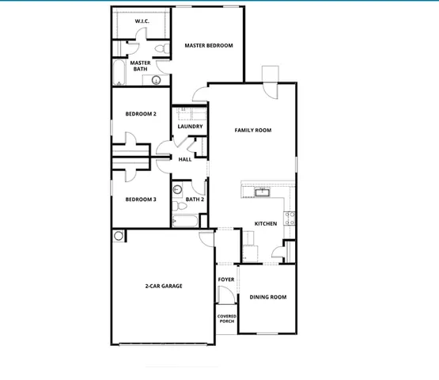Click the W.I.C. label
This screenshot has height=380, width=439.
click(142, 22)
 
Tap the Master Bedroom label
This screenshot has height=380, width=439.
click(209, 46)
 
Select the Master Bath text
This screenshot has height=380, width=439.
click(141, 66)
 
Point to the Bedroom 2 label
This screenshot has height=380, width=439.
click(141, 114)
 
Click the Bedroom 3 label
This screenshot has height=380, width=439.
click(141, 199)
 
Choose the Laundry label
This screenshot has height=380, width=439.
click(190, 127)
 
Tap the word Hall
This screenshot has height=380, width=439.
click(185, 159)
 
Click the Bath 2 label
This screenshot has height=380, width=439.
click(195, 199)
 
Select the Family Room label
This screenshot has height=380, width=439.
click(253, 130)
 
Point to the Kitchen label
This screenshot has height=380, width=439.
click(265, 224)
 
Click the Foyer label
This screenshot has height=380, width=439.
click(226, 279)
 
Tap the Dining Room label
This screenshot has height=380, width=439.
click(268, 297)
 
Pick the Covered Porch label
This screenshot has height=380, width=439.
click(227, 318)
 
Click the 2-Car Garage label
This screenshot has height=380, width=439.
click(164, 286)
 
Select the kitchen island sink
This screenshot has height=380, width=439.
click(263, 191)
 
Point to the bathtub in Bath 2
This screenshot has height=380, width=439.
click(188, 221)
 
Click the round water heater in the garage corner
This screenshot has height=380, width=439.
click(119, 235)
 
